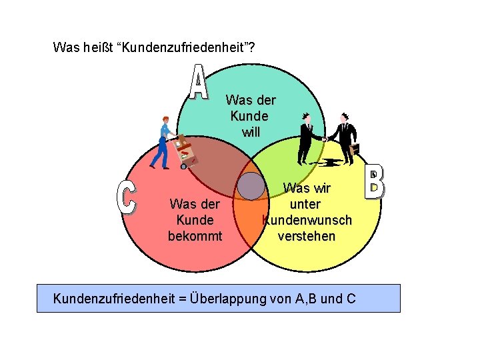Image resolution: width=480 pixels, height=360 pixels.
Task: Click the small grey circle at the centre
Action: tap(251, 186)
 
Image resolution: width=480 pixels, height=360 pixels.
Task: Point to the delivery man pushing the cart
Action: tap(162, 141)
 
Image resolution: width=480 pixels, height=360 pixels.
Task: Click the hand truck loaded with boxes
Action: tap(185, 151)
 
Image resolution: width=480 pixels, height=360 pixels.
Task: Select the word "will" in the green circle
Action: tap(251, 131)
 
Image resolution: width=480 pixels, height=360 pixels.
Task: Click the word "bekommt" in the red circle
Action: tap(195, 235)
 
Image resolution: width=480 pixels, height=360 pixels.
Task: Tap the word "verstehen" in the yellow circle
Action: tap(307, 236)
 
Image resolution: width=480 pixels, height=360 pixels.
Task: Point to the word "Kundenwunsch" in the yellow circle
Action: tap(307, 220)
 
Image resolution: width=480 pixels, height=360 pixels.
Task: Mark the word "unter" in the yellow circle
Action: tap(306, 205)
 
